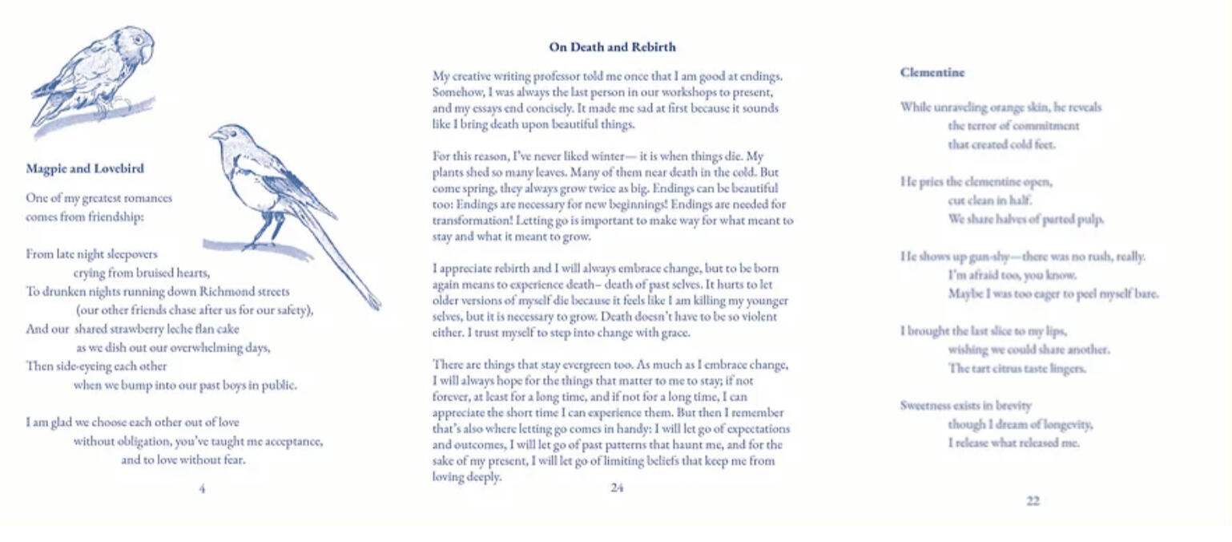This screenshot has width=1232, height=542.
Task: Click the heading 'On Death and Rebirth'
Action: tap(612, 47)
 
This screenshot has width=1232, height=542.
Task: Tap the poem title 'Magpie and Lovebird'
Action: tap(85, 169)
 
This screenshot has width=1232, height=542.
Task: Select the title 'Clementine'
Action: tap(932, 72)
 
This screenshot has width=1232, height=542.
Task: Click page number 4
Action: tap(202, 488)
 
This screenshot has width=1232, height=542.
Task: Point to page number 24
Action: tap(617, 487)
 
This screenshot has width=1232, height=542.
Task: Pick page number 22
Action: tap(1033, 501)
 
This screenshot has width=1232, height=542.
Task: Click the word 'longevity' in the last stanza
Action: tap(1065, 424)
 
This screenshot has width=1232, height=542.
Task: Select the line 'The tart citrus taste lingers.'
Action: tap(1017, 369)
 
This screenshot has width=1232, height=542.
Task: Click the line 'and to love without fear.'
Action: tap(183, 460)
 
